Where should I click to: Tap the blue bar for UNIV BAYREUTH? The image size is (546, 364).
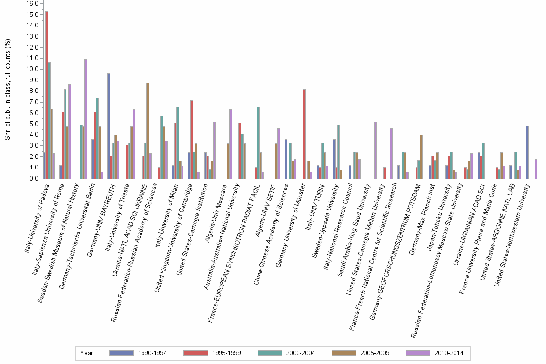pyautogui.click(x=109, y=126)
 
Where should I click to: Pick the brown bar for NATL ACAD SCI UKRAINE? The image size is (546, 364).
pyautogui.click(x=148, y=130)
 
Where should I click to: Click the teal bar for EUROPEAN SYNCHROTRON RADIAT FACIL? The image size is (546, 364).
pyautogui.click(x=258, y=143)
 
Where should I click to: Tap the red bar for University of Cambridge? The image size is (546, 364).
pyautogui.click(x=192, y=139)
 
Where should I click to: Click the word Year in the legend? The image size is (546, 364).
pyautogui.click(x=87, y=353)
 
